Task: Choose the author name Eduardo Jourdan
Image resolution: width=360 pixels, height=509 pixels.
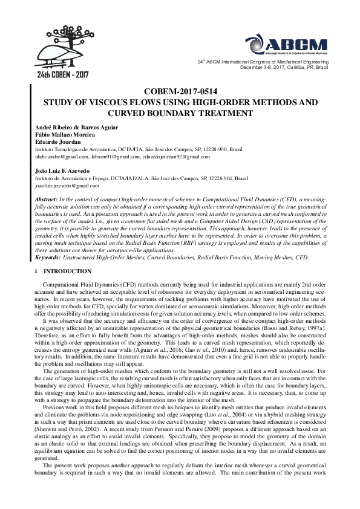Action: pyautogui.click(x=53, y=141)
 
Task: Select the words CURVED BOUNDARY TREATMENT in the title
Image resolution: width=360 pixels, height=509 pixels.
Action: pyautogui.click(x=180, y=113)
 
